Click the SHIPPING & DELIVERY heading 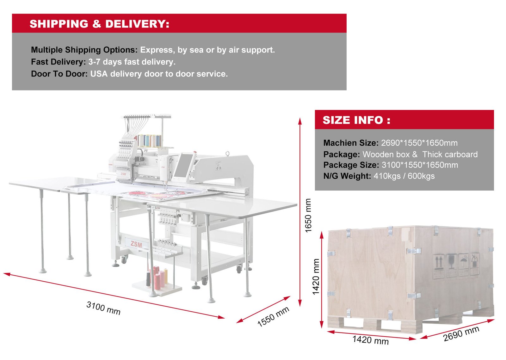99,24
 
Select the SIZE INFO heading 356,120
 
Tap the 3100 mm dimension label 103,308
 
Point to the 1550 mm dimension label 273,316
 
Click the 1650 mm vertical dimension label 308,215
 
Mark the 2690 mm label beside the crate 461,334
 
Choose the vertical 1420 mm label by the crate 316,277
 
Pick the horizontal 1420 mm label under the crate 370,340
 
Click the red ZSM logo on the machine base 136,244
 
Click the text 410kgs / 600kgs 404,176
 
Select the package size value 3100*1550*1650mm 420,165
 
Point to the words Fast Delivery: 58,62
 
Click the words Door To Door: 59,74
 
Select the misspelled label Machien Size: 351,143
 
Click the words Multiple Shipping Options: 84,50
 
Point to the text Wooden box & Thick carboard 420,154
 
